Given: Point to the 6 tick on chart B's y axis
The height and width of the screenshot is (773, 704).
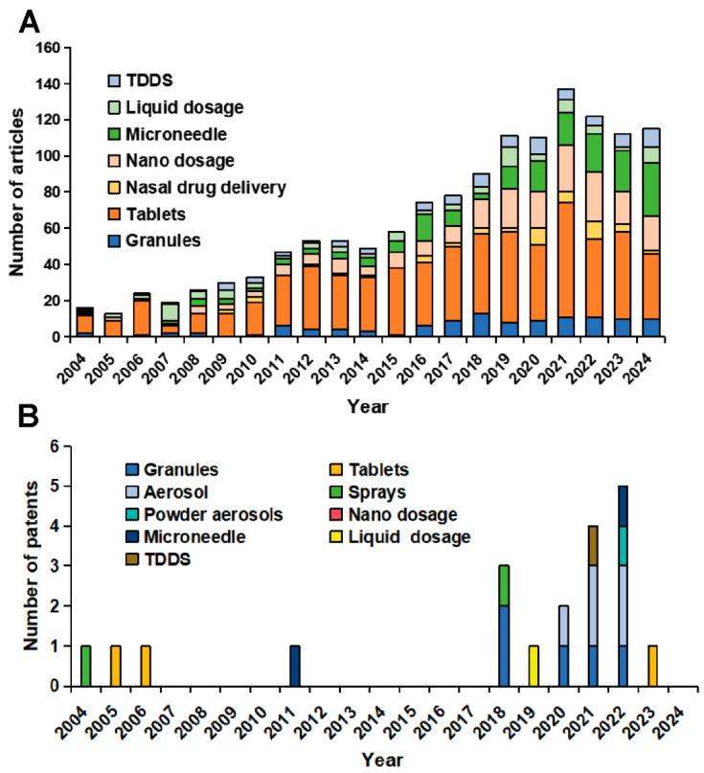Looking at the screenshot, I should (57, 446).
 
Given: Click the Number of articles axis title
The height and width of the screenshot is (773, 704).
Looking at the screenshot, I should (17, 193).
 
